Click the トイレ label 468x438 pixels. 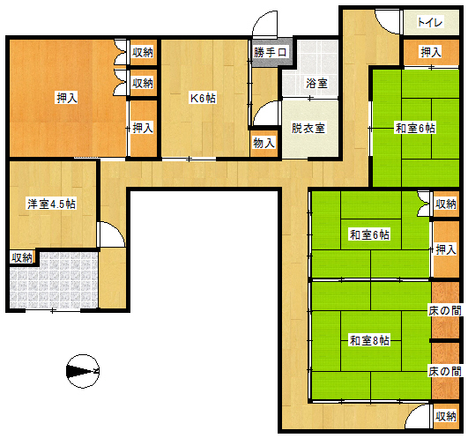429,22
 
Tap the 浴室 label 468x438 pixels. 316,83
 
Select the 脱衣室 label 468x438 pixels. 308,129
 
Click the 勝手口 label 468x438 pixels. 270,52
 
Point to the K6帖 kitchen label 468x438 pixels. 204,98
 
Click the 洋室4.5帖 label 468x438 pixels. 51,204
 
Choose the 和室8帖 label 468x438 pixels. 369,340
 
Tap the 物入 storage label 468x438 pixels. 264,144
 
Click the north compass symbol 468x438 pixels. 83,372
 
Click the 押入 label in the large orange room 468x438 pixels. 67,98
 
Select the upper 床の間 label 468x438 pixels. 445,310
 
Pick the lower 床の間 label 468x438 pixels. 445,372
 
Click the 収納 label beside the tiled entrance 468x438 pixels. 22,257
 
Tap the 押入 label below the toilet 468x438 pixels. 431,52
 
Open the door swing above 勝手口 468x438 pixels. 265,25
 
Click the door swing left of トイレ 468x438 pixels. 388,22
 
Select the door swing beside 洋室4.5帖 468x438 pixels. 111,234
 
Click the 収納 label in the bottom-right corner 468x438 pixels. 446,416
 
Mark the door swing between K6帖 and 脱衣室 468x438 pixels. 265,114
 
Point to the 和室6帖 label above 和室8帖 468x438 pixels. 369,234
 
